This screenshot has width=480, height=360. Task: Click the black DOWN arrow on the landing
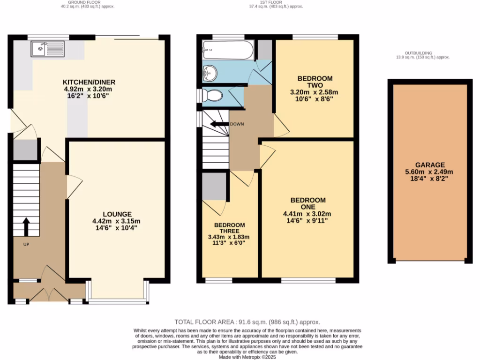(x=218, y=124)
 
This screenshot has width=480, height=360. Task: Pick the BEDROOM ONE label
(x=308, y=203)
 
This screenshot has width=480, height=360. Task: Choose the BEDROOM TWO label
(x=314, y=82)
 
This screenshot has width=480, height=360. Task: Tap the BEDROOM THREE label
(x=227, y=228)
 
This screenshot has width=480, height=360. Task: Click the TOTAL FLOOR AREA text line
(x=247, y=322)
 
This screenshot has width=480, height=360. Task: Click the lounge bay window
(x=118, y=300)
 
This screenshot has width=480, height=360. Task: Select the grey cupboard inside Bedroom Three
(x=214, y=187)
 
